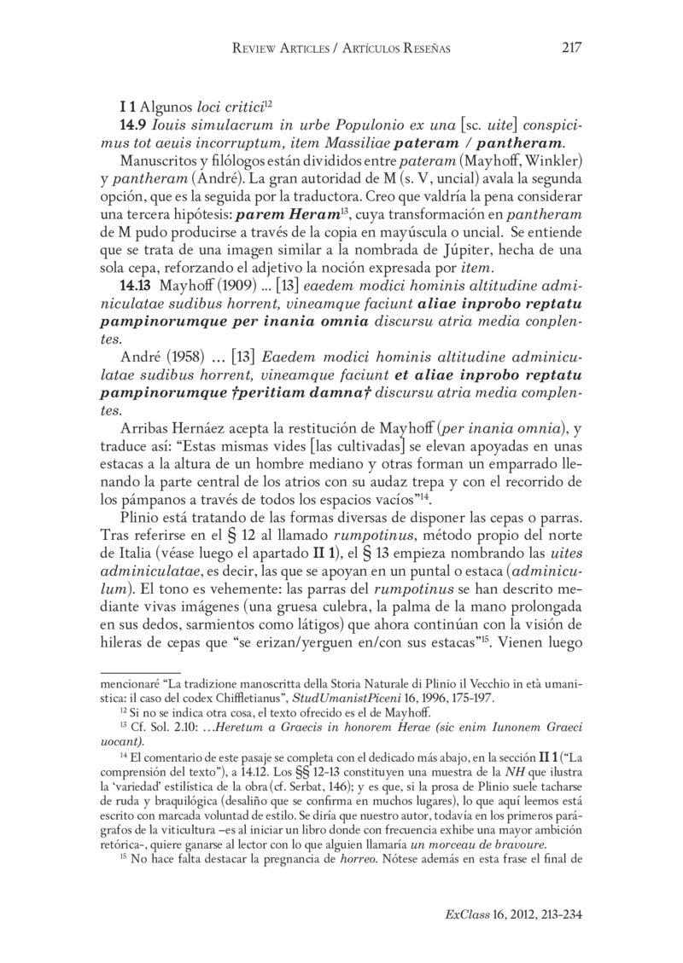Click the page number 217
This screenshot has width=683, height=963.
[571, 49]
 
